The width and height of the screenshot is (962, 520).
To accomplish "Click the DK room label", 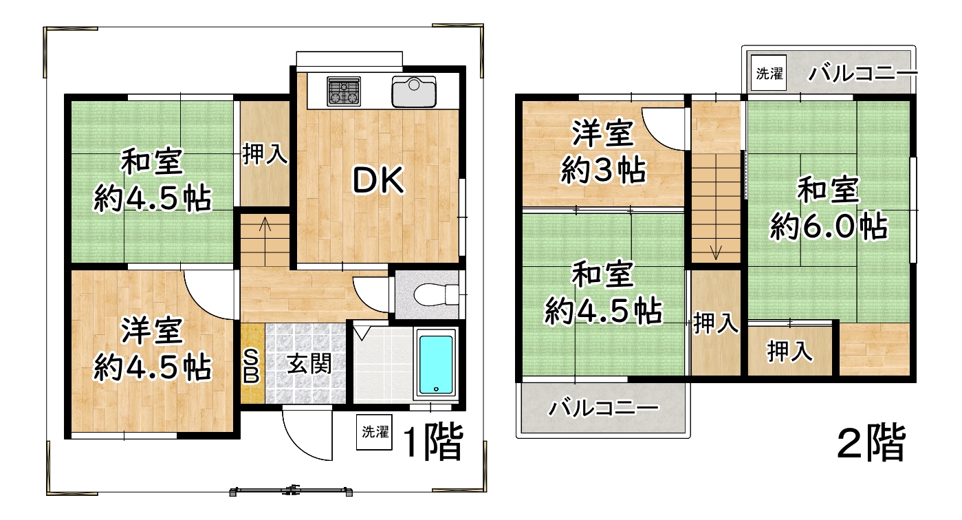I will (x=377, y=180).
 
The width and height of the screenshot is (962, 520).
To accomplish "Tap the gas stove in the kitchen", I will (x=344, y=91).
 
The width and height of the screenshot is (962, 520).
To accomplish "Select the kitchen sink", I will (x=413, y=92).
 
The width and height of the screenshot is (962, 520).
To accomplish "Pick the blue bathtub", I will (x=436, y=362).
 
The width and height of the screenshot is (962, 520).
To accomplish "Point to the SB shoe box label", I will (x=252, y=366).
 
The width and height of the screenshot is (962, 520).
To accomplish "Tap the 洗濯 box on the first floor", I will (x=375, y=432).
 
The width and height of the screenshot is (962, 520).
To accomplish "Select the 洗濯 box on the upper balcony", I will (x=769, y=74).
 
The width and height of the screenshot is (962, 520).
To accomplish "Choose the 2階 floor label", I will (x=871, y=444).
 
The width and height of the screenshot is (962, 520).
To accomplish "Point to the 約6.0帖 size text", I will (x=828, y=226).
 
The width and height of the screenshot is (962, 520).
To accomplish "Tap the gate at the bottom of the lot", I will (x=292, y=491).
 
